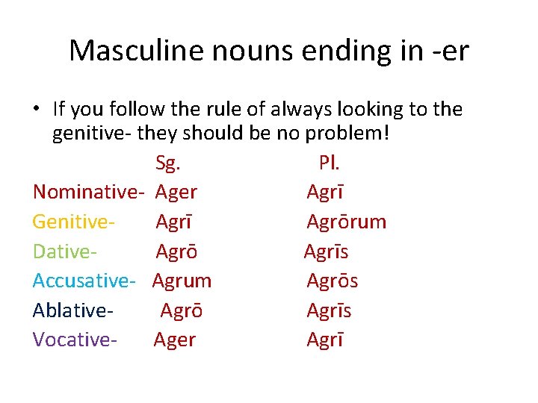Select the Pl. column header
click(x=329, y=163)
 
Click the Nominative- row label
click(x=88, y=192)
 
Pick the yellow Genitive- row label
click(x=73, y=222)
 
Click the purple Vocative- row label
click(x=75, y=340)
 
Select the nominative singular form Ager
click(x=176, y=192)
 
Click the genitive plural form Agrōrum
click(x=347, y=222)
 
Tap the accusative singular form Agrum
click(x=182, y=281)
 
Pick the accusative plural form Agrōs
click(x=333, y=281)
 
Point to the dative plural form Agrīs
click(x=327, y=251)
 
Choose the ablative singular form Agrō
click(x=182, y=310)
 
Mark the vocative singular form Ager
click(x=175, y=340)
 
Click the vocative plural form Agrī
click(x=325, y=340)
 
